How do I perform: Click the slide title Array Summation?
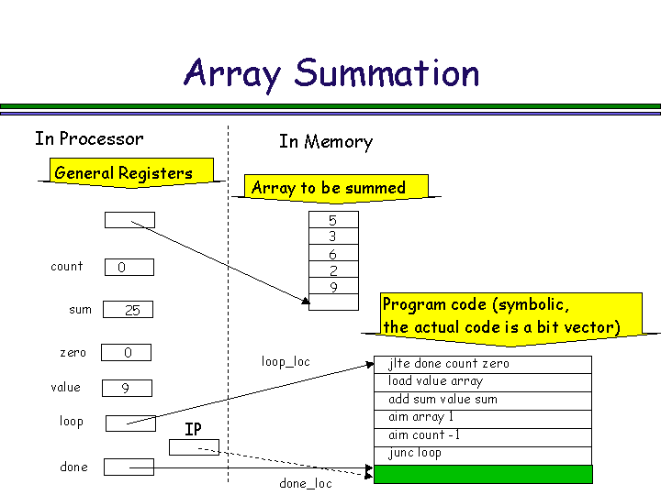[x=331, y=72]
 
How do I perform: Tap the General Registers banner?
[x=124, y=173]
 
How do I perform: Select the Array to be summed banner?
[x=329, y=188]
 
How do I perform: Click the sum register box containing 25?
[x=128, y=310]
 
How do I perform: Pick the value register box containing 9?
[x=126, y=388]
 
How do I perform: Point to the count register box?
[x=129, y=268]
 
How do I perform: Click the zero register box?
[x=126, y=353]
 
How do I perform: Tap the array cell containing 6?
[x=332, y=254]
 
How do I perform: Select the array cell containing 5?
[x=332, y=220]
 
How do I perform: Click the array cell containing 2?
[x=332, y=270]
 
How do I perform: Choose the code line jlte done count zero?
[x=483, y=364]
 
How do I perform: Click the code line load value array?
[x=483, y=381]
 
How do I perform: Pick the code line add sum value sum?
[x=483, y=400]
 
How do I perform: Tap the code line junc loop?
[x=483, y=453]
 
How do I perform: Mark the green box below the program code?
[x=483, y=474]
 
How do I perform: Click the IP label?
[x=193, y=429]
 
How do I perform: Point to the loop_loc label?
[x=286, y=362]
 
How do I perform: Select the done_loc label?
[x=306, y=483]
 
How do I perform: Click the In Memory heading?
[x=326, y=142]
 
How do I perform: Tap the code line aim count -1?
[x=483, y=435]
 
